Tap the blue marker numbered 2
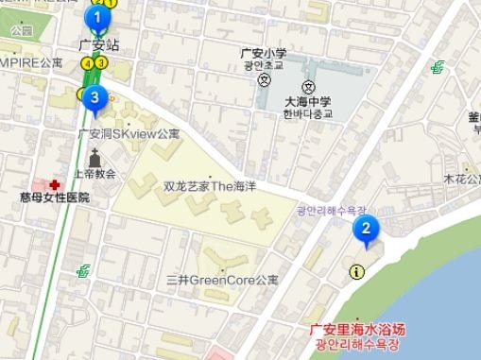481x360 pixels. coord(366,229)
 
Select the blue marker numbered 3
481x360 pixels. coord(93,96)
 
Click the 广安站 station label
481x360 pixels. coord(99,44)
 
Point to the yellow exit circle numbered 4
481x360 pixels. coord(88,63)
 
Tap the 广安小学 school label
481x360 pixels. coord(264,53)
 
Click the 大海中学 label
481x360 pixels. coord(308,102)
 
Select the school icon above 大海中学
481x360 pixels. coord(307,87)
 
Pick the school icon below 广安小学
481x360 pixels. coord(263,79)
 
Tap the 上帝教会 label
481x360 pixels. coord(94,174)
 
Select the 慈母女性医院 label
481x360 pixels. coord(54,197)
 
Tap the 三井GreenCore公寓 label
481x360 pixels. coord(222,280)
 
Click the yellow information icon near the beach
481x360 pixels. coord(355,272)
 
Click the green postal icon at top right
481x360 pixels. coord(437,67)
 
